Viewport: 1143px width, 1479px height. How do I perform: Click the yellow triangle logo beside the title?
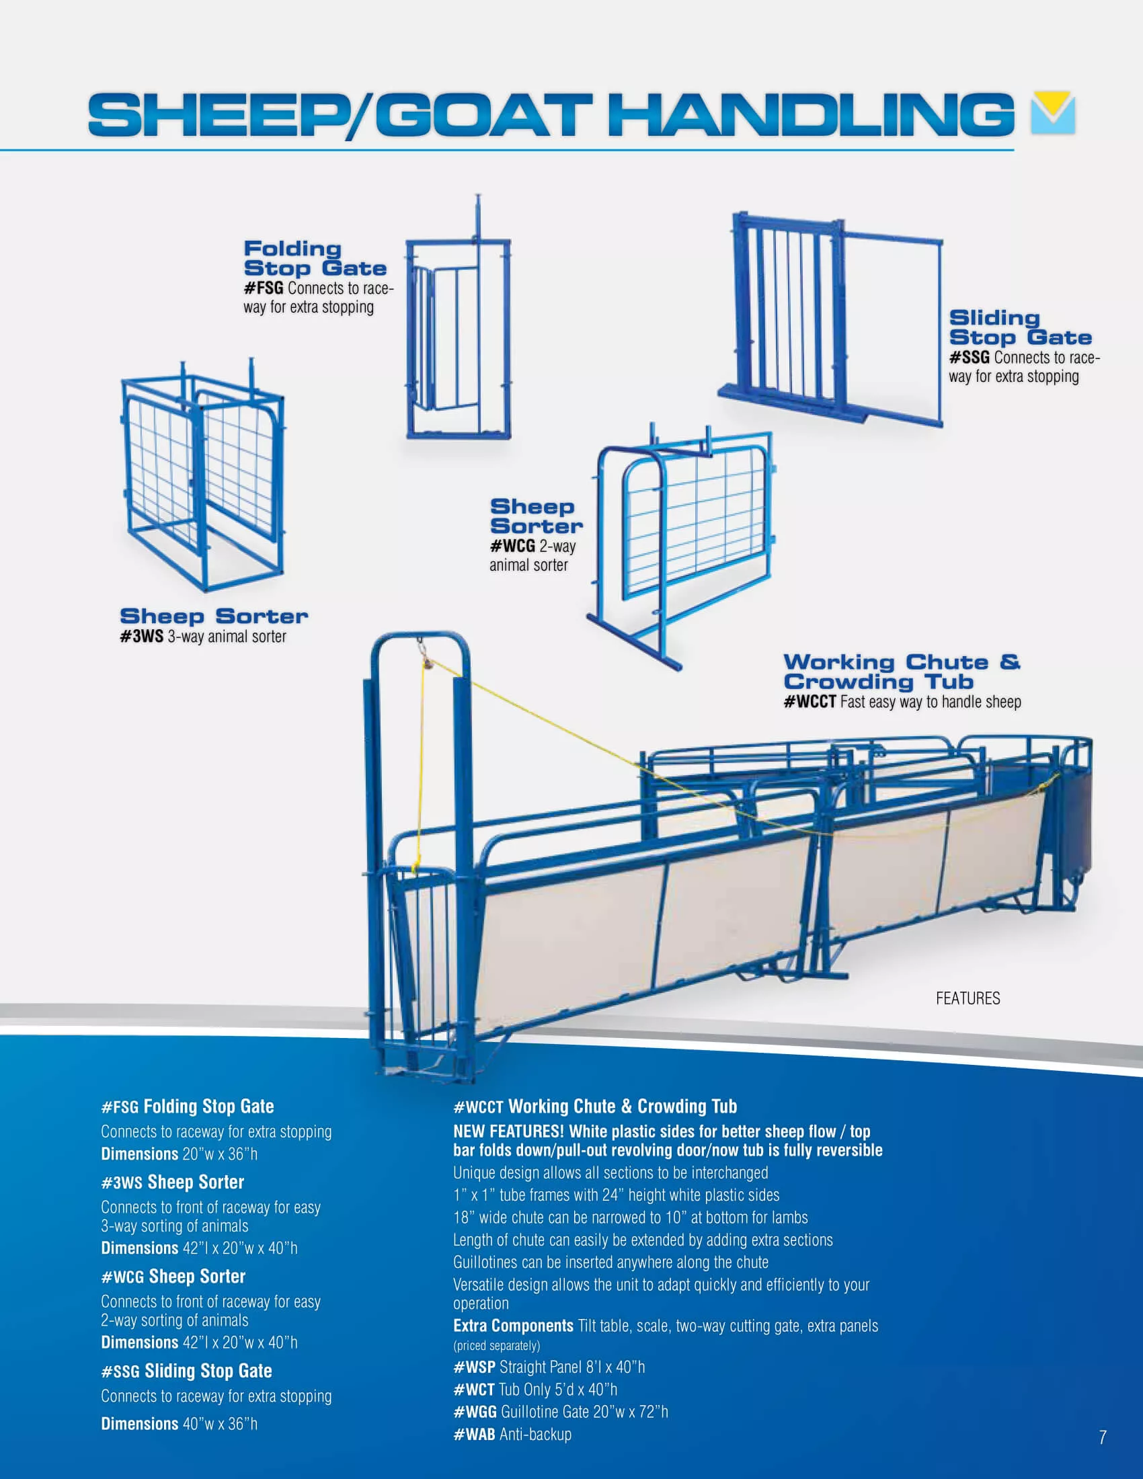1053,112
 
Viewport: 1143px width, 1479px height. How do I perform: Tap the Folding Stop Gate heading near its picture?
315,259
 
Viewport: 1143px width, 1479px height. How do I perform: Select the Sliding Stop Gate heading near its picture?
1020,328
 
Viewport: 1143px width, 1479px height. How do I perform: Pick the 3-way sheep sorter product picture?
202,474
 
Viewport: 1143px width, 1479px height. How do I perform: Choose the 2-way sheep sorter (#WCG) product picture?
680,546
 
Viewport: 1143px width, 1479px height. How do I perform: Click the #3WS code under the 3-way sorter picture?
141,637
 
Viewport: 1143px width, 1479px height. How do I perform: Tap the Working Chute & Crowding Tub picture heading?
902,672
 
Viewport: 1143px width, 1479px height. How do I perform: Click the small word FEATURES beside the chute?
968,998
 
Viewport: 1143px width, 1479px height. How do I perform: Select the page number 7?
1103,1438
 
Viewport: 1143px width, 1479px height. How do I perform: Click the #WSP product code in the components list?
474,1367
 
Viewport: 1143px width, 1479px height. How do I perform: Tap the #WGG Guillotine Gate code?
475,1412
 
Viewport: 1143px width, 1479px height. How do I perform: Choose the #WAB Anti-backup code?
474,1435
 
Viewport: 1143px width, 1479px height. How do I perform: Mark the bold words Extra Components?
513,1326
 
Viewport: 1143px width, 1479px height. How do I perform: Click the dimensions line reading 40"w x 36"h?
180,1423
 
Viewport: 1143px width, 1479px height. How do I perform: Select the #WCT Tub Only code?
473,1390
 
